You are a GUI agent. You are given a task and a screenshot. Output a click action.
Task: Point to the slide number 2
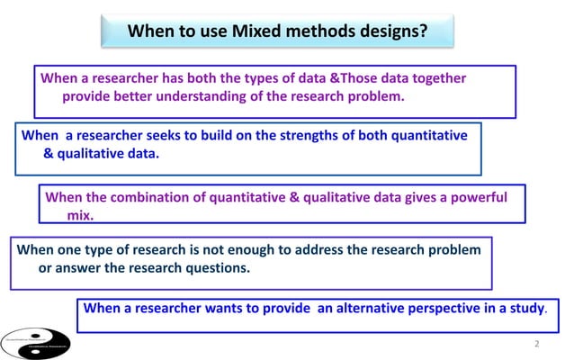[536, 345]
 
